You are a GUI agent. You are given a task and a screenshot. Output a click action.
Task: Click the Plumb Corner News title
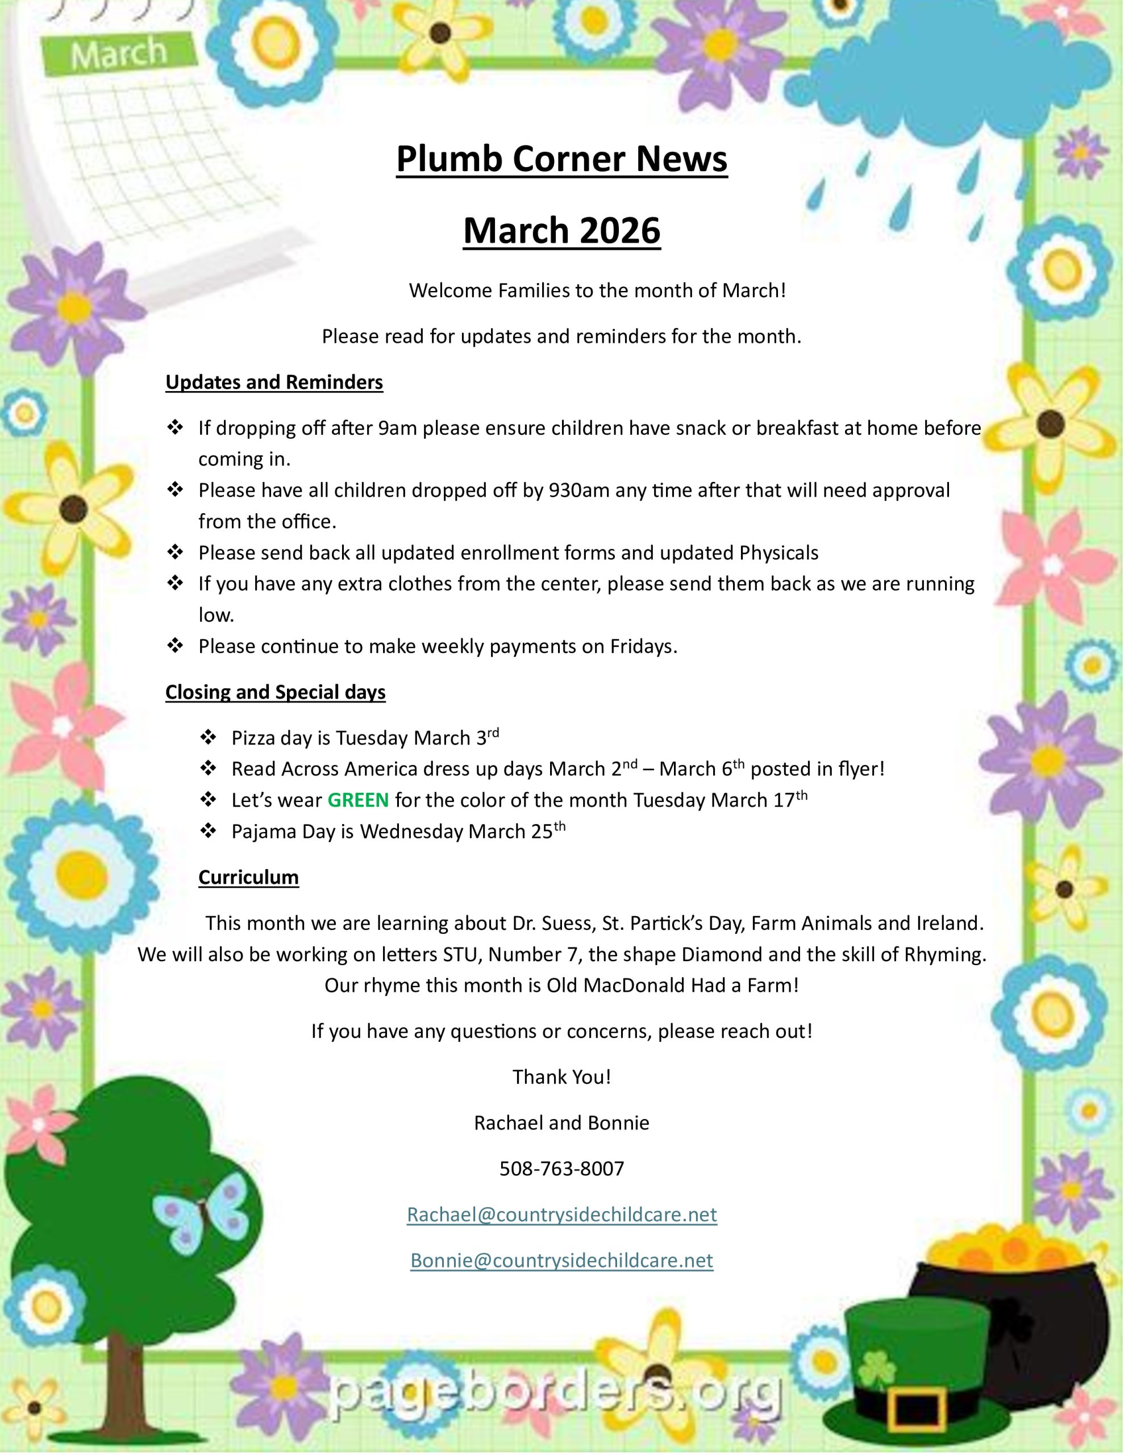(x=561, y=159)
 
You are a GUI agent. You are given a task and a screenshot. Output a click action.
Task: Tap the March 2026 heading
(x=561, y=231)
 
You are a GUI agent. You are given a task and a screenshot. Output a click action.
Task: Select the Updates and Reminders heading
(x=274, y=383)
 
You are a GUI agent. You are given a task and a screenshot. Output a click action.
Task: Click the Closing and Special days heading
(x=275, y=692)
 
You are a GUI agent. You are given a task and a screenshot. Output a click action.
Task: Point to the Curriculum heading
(x=248, y=878)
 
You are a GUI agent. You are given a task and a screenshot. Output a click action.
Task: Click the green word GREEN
(x=358, y=800)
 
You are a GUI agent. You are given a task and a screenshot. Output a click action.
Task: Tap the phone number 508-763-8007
(x=561, y=1169)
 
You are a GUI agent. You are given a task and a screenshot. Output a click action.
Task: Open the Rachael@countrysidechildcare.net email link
(x=561, y=1215)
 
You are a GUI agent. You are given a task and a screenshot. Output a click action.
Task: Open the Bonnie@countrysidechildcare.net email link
(x=561, y=1261)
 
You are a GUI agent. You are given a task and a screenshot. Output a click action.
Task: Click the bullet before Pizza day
(x=209, y=738)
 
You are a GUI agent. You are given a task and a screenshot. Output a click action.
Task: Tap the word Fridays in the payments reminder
(x=643, y=647)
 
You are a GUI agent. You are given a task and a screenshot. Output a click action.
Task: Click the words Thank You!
(x=561, y=1077)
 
